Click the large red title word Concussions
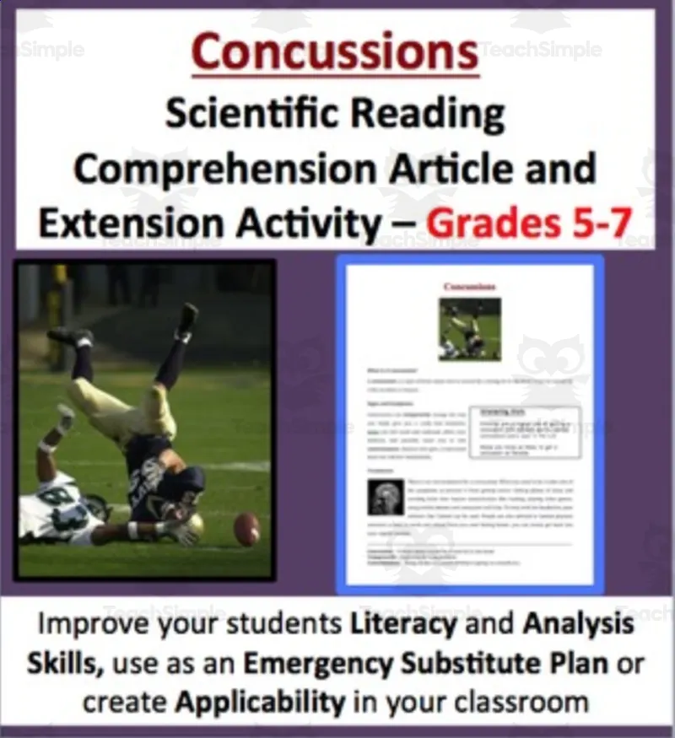click(x=335, y=51)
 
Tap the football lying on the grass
click(x=247, y=528)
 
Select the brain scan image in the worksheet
click(x=386, y=498)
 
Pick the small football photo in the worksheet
click(x=469, y=328)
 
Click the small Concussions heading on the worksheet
click(x=469, y=287)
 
